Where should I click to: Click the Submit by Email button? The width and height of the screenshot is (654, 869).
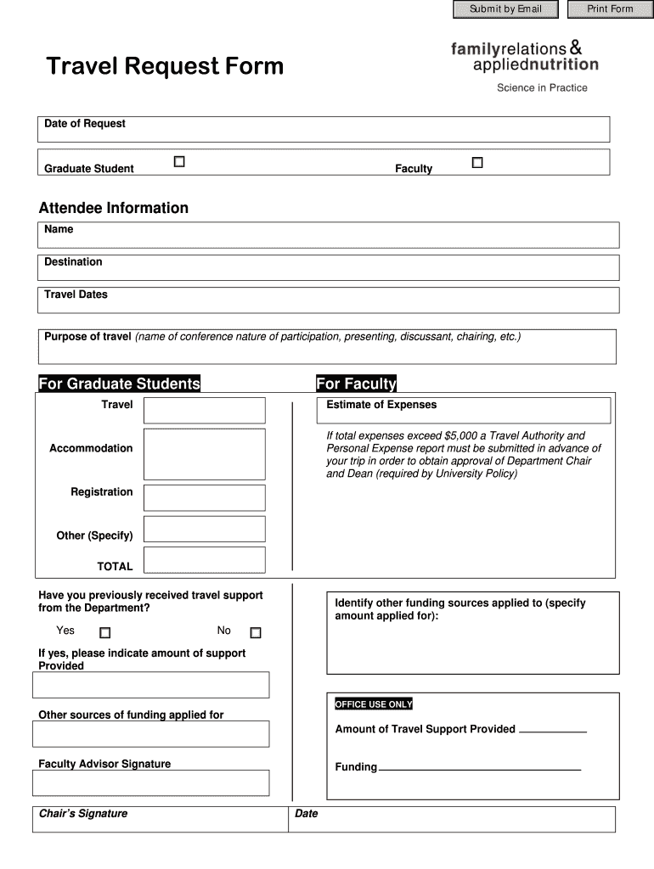505,9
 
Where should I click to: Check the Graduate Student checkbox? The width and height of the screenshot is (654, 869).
179,162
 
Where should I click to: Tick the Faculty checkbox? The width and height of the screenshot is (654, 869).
477,162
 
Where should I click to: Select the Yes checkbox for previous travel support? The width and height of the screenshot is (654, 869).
105,632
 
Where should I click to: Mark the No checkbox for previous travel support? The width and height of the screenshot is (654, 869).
256,632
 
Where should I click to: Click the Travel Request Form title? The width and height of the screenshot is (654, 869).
165,66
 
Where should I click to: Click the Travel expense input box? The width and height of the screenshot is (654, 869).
204,410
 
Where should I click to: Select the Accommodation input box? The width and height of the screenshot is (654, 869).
204,454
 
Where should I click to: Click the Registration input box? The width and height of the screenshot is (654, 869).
204,497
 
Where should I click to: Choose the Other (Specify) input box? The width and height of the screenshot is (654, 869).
204,529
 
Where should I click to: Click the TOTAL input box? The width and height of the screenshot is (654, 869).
204,560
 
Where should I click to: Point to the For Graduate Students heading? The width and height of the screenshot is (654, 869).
120,384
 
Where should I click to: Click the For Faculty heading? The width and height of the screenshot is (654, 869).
356,384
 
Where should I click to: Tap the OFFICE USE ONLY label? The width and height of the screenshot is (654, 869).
374,704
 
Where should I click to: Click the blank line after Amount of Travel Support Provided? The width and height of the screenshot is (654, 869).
552,729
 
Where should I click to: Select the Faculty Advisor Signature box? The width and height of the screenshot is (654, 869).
153,782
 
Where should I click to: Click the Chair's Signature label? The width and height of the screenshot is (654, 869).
83,814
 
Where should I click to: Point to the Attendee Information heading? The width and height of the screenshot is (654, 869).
114,208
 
